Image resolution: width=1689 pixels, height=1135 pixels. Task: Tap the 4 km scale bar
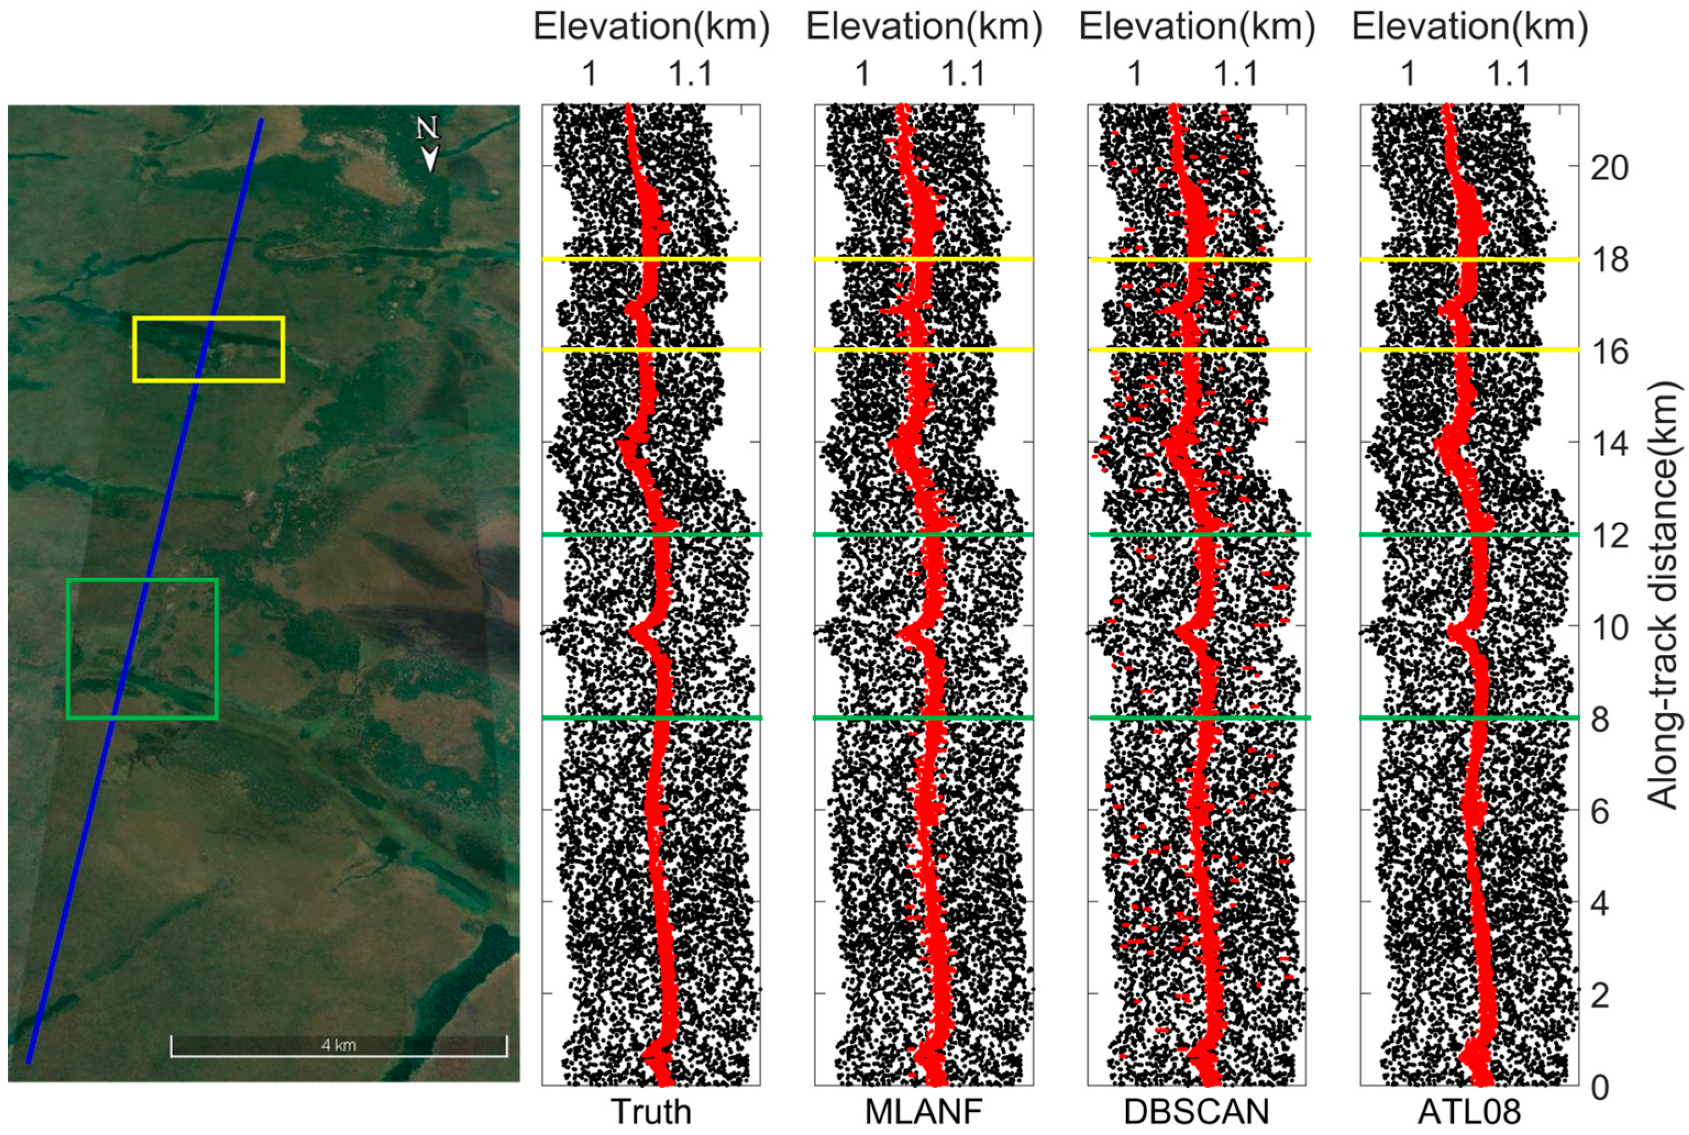[x=339, y=1046]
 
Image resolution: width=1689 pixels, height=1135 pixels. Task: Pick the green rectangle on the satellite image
[x=142, y=580]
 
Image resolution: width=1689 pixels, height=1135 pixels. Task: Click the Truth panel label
[x=651, y=1112]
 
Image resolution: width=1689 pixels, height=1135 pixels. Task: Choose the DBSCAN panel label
[x=1197, y=1112]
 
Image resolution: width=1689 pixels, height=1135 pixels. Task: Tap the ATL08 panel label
[x=1469, y=1112]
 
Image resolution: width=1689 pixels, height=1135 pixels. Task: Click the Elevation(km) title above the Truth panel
[x=651, y=27]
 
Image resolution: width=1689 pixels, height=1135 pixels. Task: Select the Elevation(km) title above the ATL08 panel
[x=1469, y=27]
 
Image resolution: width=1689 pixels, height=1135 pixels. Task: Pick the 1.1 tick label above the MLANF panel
[x=964, y=73]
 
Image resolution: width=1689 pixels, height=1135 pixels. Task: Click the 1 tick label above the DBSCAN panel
[x=1135, y=73]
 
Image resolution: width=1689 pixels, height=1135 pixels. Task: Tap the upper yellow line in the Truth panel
[x=651, y=258]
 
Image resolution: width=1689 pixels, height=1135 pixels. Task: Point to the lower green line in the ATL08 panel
[x=1469, y=717]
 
